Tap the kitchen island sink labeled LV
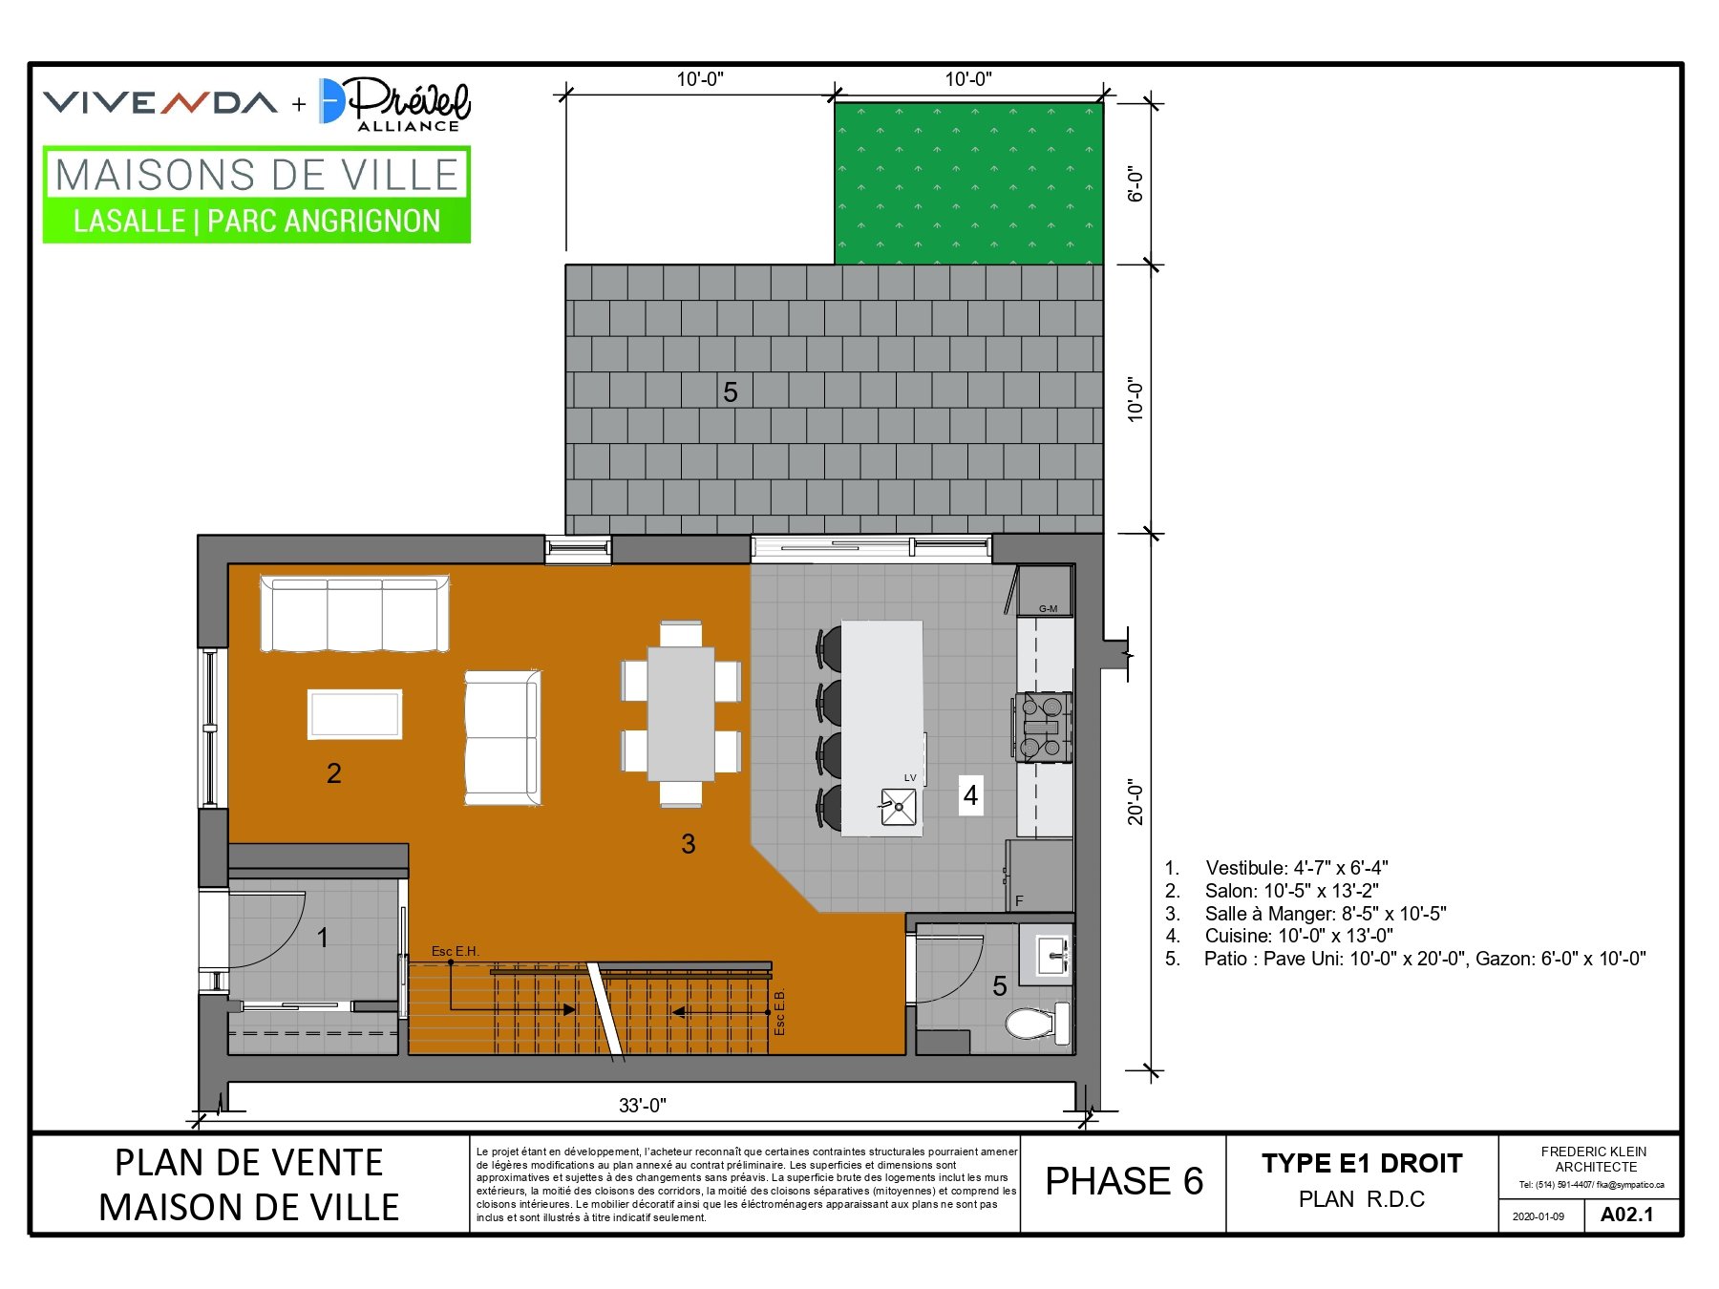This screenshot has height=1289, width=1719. [x=898, y=807]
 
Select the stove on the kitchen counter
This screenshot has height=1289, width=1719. [x=1042, y=728]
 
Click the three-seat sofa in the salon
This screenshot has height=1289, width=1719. [x=354, y=613]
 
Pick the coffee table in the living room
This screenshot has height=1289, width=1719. [x=354, y=714]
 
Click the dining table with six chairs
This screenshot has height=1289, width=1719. [x=681, y=714]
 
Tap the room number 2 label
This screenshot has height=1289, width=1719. [x=333, y=773]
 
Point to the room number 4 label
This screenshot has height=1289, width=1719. [x=970, y=795]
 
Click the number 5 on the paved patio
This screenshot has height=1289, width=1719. [x=731, y=392]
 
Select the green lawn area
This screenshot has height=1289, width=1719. [x=968, y=183]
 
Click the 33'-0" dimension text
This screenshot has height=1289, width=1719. [x=643, y=1106]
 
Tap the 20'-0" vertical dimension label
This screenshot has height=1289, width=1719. [x=1135, y=802]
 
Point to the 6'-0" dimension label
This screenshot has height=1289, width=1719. [x=1135, y=183]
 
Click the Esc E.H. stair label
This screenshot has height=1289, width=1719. [x=455, y=951]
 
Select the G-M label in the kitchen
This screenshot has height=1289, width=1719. [x=1048, y=608]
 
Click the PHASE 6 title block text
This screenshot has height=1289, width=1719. [x=1124, y=1182]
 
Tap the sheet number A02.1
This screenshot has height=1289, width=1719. [x=1626, y=1215]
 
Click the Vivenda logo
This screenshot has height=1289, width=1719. [x=160, y=102]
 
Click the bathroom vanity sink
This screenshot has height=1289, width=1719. [x=1048, y=954]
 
